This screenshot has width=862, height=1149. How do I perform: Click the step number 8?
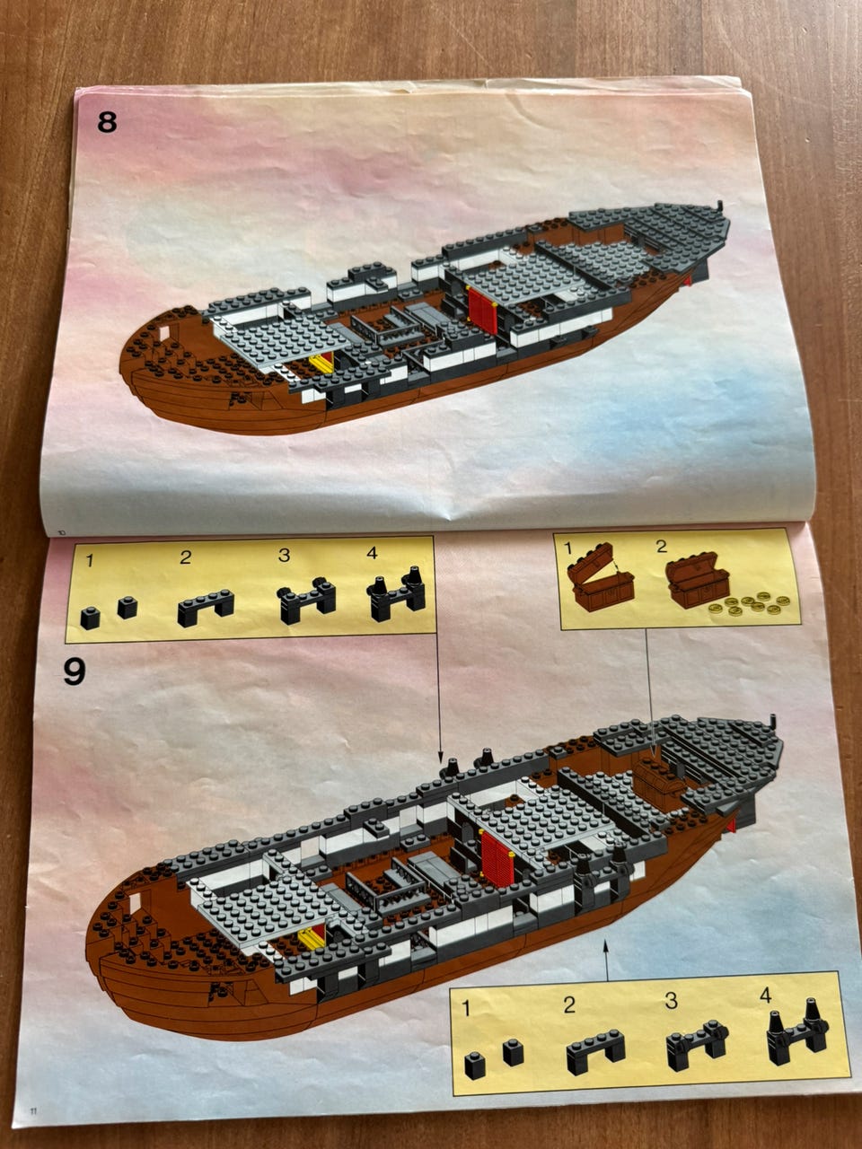tap(107, 121)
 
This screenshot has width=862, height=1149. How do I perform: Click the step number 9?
tap(75, 671)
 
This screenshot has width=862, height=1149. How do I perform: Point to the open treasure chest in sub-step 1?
tap(601, 579)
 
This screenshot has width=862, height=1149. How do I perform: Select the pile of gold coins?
tap(750, 603)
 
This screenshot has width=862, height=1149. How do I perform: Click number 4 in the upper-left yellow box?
tap(372, 554)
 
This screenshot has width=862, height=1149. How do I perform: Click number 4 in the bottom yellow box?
tap(765, 995)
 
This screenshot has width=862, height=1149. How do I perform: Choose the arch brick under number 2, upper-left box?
tap(206, 609)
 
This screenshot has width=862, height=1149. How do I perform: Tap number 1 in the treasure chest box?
tap(567, 547)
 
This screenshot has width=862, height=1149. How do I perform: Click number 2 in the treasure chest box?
tap(661, 546)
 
